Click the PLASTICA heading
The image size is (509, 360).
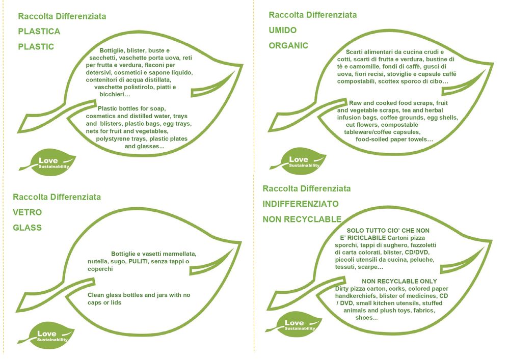[39, 31]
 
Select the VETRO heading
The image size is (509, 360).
[28, 212]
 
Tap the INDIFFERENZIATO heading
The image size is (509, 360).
[301, 204]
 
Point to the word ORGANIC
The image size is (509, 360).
[288, 45]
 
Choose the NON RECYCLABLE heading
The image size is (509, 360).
[302, 219]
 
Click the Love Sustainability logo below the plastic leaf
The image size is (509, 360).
[49, 163]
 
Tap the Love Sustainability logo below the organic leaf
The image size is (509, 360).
[299, 162]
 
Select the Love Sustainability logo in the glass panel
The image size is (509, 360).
[47, 337]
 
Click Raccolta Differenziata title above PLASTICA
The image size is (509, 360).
[62, 16]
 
